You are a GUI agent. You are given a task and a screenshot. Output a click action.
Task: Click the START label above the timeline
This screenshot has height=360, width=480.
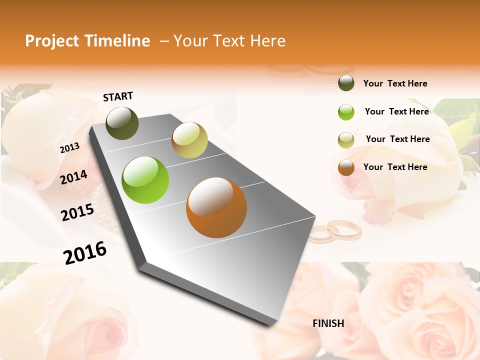118,96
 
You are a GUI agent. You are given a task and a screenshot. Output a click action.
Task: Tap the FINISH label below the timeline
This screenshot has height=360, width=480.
328,323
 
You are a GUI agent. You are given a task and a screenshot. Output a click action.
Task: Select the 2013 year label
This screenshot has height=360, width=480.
69,148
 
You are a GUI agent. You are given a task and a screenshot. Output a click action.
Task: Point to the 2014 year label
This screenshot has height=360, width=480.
73,177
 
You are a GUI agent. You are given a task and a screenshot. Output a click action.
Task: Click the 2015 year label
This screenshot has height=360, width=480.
77,212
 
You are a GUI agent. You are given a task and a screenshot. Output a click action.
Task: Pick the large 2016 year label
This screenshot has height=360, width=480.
85,252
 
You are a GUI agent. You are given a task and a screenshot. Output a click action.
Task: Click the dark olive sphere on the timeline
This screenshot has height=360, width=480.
122,123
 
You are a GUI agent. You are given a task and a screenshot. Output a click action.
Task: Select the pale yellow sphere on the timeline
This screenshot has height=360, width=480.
189,140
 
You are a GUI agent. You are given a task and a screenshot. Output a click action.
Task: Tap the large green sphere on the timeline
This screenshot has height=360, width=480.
145,180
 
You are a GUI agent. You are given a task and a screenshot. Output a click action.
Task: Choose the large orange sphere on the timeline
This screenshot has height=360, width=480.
216,207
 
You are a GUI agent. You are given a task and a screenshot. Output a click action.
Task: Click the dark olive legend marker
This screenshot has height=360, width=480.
346,83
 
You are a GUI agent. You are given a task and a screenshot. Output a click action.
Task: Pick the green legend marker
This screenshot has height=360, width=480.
346,111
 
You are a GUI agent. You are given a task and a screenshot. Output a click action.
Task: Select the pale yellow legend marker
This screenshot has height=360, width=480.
346,139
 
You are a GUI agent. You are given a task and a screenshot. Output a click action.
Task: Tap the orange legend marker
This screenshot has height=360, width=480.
346,167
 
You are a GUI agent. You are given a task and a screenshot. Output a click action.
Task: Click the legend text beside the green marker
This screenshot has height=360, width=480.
396,111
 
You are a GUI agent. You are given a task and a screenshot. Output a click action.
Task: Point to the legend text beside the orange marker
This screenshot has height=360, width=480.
395,167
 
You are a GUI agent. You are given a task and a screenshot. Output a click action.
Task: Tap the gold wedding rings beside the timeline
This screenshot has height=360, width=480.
335,231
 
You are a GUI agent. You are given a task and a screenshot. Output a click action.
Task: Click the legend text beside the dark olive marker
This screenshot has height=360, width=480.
395,83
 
